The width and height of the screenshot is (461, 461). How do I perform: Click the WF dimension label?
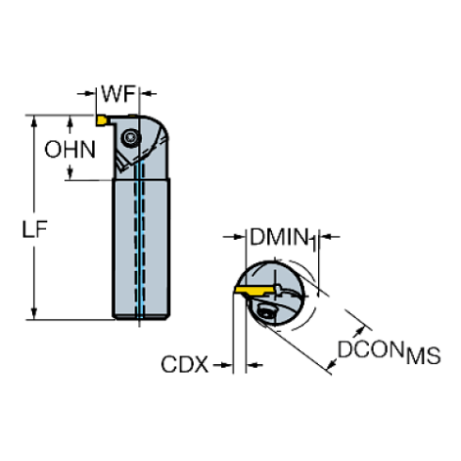pyautogui.click(x=119, y=93)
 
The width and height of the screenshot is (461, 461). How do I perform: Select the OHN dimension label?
pyautogui.click(x=70, y=150)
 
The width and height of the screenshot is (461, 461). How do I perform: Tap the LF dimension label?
pyautogui.click(x=35, y=229)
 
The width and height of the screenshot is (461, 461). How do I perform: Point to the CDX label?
pyautogui.click(x=184, y=364)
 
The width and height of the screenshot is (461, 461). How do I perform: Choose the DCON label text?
pyautogui.click(x=371, y=349)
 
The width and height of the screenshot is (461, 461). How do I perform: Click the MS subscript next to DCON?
pyautogui.click(x=423, y=356)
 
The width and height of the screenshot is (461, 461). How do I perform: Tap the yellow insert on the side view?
pyautogui.click(x=102, y=120)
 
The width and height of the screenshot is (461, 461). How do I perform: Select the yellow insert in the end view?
pyautogui.click(x=255, y=290)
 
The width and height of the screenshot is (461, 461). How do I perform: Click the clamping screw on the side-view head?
pyautogui.click(x=131, y=137)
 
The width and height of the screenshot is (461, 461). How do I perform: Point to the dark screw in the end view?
pyautogui.click(x=264, y=312)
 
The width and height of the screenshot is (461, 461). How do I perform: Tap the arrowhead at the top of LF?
pyautogui.click(x=34, y=121)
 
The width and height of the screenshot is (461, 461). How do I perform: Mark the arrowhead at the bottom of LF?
pyautogui.click(x=34, y=313)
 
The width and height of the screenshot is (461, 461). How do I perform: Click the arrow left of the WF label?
pyautogui.click(x=86, y=93)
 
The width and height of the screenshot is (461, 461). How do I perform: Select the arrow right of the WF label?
pyautogui.click(x=148, y=93)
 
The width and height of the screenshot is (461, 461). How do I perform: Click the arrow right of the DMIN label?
pyautogui.click(x=329, y=237)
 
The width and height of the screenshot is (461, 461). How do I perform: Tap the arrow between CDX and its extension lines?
pyautogui.click(x=223, y=365)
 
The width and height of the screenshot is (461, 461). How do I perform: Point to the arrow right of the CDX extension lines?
pyautogui.click(x=254, y=365)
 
